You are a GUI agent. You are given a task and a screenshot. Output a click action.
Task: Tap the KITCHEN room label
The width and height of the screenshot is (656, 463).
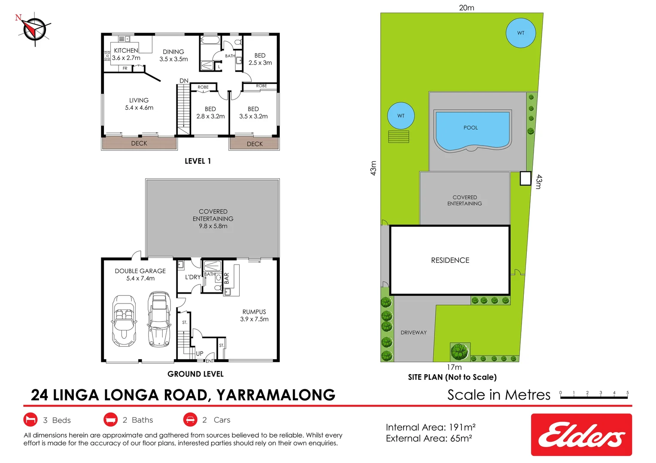(x=126, y=50)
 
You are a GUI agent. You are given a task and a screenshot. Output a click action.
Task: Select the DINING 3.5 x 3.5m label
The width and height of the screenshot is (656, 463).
(x=174, y=55)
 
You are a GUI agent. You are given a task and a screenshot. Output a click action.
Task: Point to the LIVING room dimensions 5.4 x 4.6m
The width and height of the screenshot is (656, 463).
(x=139, y=108)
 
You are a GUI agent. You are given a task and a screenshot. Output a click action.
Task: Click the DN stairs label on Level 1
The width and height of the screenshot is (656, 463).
(x=184, y=81)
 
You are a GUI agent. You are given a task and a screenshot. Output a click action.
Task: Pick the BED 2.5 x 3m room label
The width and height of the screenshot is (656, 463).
(x=260, y=59)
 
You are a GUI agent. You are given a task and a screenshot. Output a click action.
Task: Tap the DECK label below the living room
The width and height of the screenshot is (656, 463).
(x=139, y=143)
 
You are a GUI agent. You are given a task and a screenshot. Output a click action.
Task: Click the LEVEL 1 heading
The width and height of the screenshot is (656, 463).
(x=197, y=161)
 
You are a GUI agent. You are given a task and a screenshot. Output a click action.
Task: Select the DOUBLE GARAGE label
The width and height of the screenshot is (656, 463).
(x=140, y=271)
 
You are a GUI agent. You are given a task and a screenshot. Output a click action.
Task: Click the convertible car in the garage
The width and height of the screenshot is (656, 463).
(x=124, y=321)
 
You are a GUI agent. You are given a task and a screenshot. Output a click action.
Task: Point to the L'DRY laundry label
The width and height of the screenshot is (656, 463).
(x=193, y=277)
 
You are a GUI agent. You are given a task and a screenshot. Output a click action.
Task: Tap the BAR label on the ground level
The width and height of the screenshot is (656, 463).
(x=227, y=278)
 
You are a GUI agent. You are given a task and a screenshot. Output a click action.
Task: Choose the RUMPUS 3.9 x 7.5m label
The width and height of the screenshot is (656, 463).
(x=254, y=316)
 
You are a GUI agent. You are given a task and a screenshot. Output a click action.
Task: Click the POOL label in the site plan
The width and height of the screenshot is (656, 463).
(x=471, y=128)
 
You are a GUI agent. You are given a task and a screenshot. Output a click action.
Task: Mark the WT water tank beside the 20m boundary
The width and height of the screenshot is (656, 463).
(x=521, y=33)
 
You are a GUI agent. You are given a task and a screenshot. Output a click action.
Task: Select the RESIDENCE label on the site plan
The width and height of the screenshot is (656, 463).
(x=450, y=260)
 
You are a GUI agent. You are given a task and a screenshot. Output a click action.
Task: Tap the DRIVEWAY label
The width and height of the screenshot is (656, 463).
(x=413, y=333)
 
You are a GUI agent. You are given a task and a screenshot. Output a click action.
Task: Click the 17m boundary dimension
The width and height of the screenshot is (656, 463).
(x=454, y=367)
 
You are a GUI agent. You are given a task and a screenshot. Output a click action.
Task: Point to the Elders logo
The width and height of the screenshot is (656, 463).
(x=581, y=435)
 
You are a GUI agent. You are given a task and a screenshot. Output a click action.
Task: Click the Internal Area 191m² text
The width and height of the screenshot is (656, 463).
(x=431, y=427)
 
